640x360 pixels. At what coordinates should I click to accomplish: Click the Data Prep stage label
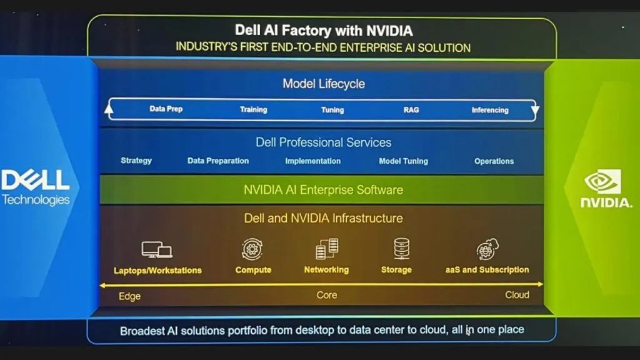tap(166, 109)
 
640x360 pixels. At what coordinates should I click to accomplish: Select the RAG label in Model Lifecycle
tap(411, 110)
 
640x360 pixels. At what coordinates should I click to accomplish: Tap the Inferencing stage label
tap(490, 110)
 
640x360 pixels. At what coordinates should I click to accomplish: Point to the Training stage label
tap(253, 109)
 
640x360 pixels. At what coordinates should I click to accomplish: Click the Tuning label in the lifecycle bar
tap(332, 110)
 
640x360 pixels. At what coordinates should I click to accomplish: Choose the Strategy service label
tap(136, 161)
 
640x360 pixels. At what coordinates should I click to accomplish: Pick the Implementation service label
tap(312, 161)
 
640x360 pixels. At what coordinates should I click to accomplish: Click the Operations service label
tap(494, 161)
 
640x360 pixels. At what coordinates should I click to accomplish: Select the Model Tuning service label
tap(403, 161)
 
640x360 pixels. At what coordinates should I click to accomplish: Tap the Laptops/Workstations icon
tap(157, 250)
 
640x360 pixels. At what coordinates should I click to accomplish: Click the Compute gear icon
tap(252, 249)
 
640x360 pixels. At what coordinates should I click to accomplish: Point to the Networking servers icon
tap(327, 249)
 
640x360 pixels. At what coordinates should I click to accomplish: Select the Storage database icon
tap(402, 249)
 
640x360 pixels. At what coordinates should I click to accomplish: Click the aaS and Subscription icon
tap(487, 250)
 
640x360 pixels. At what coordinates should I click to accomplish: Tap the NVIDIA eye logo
tap(602, 181)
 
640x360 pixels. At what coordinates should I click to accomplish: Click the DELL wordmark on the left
tap(35, 180)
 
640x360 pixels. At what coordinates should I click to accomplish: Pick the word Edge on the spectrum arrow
tap(129, 296)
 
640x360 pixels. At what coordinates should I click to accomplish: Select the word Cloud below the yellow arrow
tap(517, 295)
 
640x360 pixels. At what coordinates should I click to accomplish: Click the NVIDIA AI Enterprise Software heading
tap(323, 190)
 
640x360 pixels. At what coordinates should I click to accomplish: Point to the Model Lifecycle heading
tap(323, 84)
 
